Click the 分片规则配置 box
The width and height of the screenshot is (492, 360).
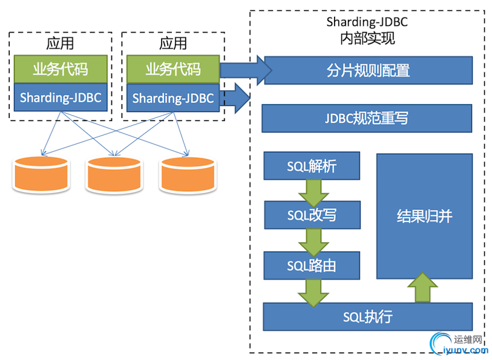(368, 70)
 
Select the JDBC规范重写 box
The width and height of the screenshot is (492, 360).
(367, 118)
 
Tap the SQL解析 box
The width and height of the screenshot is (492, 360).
(312, 166)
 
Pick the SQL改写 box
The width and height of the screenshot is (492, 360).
(312, 215)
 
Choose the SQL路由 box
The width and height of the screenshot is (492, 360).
(312, 265)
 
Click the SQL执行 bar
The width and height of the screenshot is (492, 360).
(367, 316)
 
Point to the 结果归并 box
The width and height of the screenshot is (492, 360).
(424, 215)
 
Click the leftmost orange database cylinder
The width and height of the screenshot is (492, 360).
(41, 174)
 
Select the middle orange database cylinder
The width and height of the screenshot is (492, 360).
(113, 174)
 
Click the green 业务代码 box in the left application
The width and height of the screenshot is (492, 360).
(61, 69)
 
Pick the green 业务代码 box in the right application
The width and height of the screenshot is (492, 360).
(173, 69)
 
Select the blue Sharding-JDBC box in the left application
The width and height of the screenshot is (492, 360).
(61, 97)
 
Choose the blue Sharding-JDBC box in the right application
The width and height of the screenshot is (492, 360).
(173, 97)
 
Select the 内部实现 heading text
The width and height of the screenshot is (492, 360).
(367, 39)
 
